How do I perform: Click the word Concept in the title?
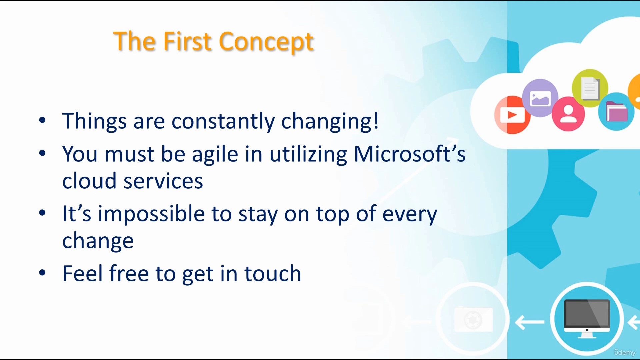(x=266, y=42)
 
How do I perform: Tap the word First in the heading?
(x=188, y=41)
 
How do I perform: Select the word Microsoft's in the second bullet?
(x=410, y=154)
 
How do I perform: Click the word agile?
(x=215, y=155)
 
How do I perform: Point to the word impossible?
(x=151, y=214)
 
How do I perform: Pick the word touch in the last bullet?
(x=273, y=273)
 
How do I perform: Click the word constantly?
(x=223, y=121)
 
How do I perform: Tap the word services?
(x=163, y=181)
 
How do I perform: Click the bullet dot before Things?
(x=42, y=120)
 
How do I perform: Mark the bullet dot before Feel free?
(x=42, y=273)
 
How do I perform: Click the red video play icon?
(x=512, y=115)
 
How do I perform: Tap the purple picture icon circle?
(x=540, y=98)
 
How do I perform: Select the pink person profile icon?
(x=568, y=114)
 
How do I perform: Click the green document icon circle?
(x=590, y=88)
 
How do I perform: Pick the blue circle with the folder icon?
(x=616, y=112)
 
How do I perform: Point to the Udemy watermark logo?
(x=625, y=352)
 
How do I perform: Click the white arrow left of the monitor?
(x=530, y=322)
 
